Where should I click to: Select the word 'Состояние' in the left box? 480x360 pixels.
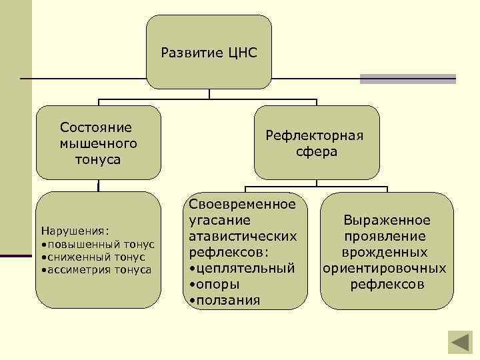(x=96, y=127)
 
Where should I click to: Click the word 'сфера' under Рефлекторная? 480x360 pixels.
(x=317, y=152)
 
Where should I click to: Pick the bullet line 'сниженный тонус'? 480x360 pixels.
(x=95, y=257)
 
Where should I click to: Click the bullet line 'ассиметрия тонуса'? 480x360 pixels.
(x=98, y=269)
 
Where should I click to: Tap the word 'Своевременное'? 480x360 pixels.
(x=243, y=203)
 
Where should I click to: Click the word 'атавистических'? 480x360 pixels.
(x=243, y=236)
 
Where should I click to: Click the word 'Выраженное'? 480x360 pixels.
(x=387, y=220)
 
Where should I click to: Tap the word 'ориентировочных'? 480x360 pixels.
(x=384, y=269)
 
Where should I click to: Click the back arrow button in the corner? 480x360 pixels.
(x=458, y=341)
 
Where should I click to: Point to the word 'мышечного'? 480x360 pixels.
(x=98, y=143)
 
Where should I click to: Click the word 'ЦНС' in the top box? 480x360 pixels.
(x=241, y=52)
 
